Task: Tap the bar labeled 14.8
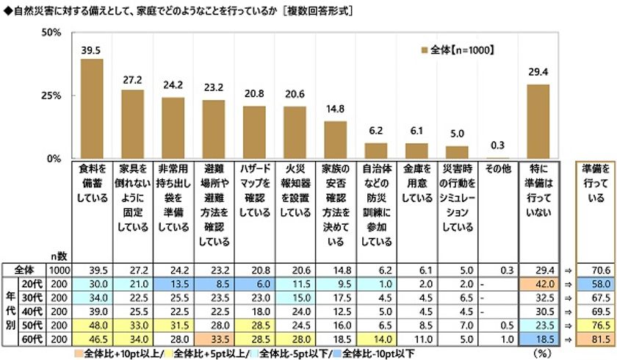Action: click(335, 140)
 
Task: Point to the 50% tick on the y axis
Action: click(51, 33)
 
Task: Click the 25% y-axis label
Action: click(51, 96)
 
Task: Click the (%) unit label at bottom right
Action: click(544, 351)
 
